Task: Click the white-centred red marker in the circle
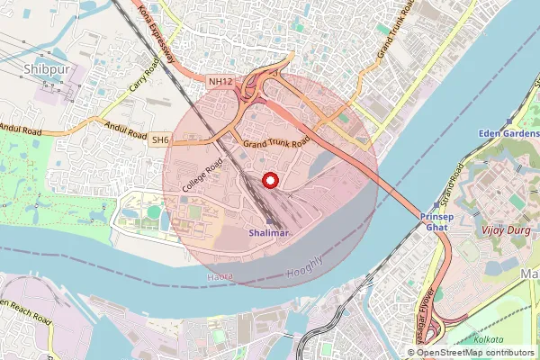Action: pyautogui.click(x=268, y=180)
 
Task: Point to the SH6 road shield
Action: pyautogui.click(x=160, y=139)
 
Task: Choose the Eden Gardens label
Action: pyautogui.click(x=508, y=133)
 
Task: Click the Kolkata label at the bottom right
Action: pyautogui.click(x=494, y=340)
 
